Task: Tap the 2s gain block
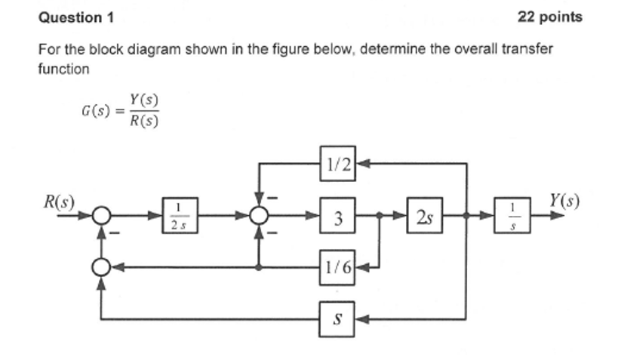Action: click(424, 217)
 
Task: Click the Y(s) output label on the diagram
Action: click(564, 200)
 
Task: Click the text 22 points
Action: click(550, 17)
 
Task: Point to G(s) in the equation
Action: click(96, 111)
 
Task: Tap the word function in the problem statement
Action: click(63, 69)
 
